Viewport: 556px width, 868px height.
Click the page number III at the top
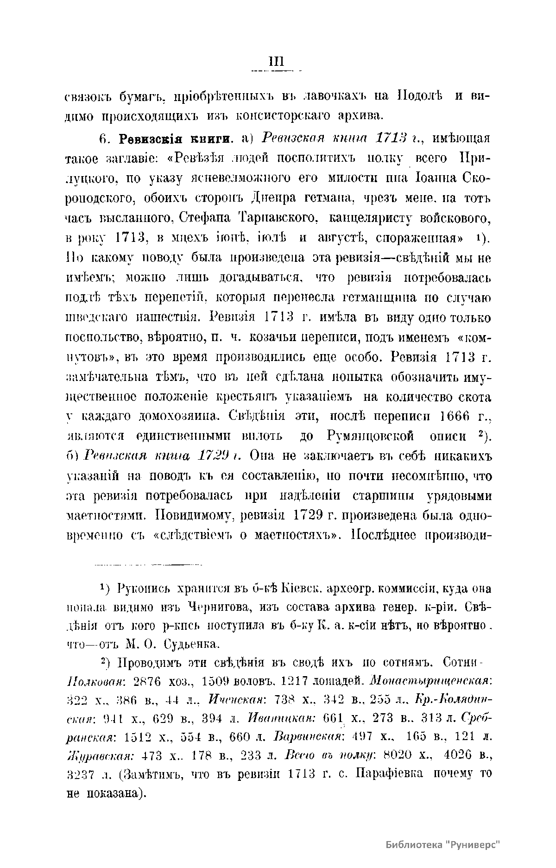(x=275, y=62)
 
